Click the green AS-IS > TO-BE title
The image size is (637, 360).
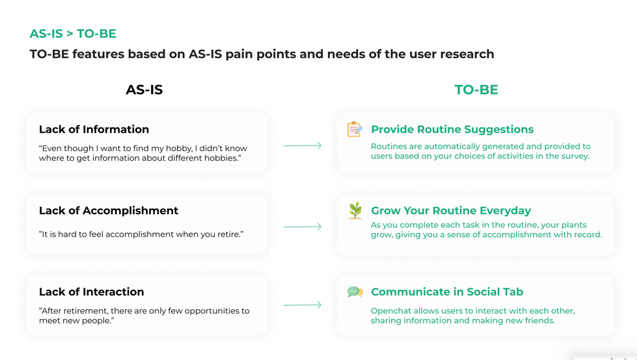[x=73, y=33]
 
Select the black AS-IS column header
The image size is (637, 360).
[x=144, y=89]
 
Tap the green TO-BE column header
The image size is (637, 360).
[x=476, y=89]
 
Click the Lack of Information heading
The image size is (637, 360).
[x=94, y=129]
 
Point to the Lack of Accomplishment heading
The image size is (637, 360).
[x=109, y=210]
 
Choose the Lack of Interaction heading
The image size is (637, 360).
[x=91, y=292]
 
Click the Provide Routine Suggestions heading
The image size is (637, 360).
[x=452, y=129]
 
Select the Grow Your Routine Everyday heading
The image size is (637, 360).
[x=451, y=210]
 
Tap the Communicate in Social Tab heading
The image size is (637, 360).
[x=447, y=292]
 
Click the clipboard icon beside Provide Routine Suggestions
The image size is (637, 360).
[x=355, y=129]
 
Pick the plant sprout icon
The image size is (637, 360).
[x=355, y=210]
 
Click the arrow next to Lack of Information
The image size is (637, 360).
[x=303, y=145]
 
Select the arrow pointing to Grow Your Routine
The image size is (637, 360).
[x=303, y=227]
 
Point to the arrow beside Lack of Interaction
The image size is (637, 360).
[x=303, y=304]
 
